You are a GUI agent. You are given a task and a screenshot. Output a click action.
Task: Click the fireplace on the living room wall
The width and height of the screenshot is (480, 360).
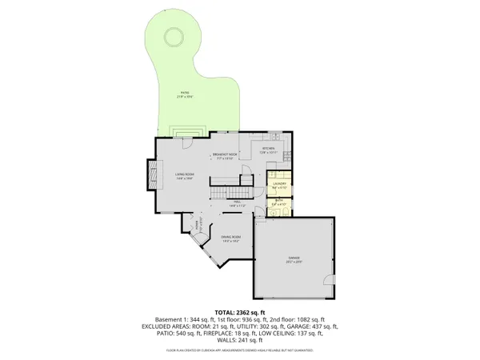point(150,174)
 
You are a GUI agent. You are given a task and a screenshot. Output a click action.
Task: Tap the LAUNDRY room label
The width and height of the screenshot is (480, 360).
point(279,186)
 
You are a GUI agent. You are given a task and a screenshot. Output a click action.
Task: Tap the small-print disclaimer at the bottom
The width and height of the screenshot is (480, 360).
point(240,350)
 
